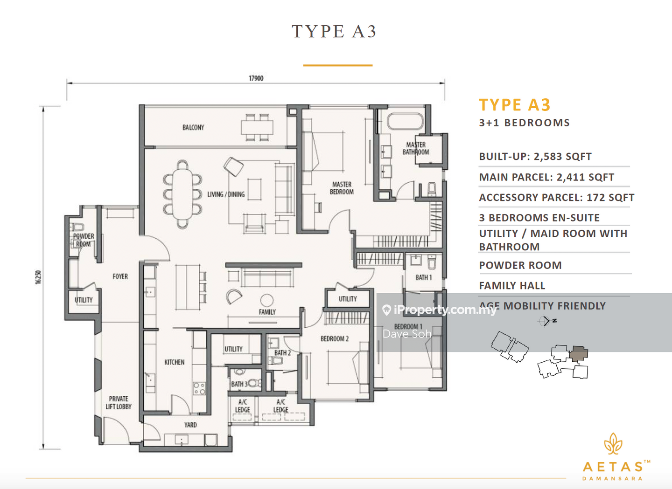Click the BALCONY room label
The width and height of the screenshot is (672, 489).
[x=193, y=128]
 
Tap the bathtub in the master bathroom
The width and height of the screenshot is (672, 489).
[x=405, y=121]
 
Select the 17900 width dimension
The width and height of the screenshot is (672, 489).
[x=256, y=78]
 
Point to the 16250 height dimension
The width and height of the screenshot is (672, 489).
[x=38, y=277]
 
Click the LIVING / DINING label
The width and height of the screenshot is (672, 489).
[x=226, y=194]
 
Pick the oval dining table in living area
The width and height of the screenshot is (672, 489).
[x=182, y=194]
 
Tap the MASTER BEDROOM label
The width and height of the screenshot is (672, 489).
[x=342, y=188]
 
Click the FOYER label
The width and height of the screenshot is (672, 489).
[x=120, y=276]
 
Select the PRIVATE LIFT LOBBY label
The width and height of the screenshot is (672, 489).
[x=119, y=403]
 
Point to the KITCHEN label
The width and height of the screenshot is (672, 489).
[x=175, y=362]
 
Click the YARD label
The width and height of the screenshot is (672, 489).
[x=190, y=425]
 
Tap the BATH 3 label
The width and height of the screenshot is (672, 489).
[x=239, y=384]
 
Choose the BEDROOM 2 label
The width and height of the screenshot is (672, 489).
[x=335, y=339]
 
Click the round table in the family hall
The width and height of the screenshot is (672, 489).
[x=267, y=300]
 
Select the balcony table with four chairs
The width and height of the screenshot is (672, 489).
[x=257, y=127]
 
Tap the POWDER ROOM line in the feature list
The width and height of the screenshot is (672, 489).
[x=520, y=265]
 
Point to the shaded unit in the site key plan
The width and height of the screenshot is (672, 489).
[x=579, y=353]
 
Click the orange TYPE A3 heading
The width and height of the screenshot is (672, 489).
[x=514, y=105]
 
